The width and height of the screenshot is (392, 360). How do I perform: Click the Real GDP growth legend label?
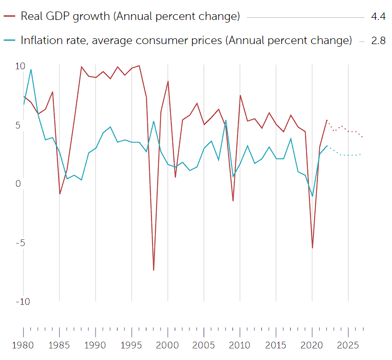(130, 16)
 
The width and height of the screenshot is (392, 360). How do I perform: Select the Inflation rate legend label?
(186, 40)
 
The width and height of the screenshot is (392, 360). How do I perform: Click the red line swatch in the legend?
(9, 16)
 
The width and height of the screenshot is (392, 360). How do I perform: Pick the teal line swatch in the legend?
(9, 40)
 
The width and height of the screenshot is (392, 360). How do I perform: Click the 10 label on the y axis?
(20, 66)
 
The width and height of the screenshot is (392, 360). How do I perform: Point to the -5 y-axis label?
(20, 243)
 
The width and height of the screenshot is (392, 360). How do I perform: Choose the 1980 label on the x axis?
(24, 345)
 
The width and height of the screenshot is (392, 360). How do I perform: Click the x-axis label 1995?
(132, 345)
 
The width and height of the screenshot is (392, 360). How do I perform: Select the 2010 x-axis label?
(240, 345)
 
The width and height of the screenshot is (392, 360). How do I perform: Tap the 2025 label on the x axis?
(348, 345)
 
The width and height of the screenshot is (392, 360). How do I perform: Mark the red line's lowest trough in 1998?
(153, 270)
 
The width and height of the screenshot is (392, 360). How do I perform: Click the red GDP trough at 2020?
(312, 248)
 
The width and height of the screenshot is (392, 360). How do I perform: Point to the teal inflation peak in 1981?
(31, 69)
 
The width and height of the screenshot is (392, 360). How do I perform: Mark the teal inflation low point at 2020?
(312, 196)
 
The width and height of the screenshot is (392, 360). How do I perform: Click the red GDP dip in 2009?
(233, 200)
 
